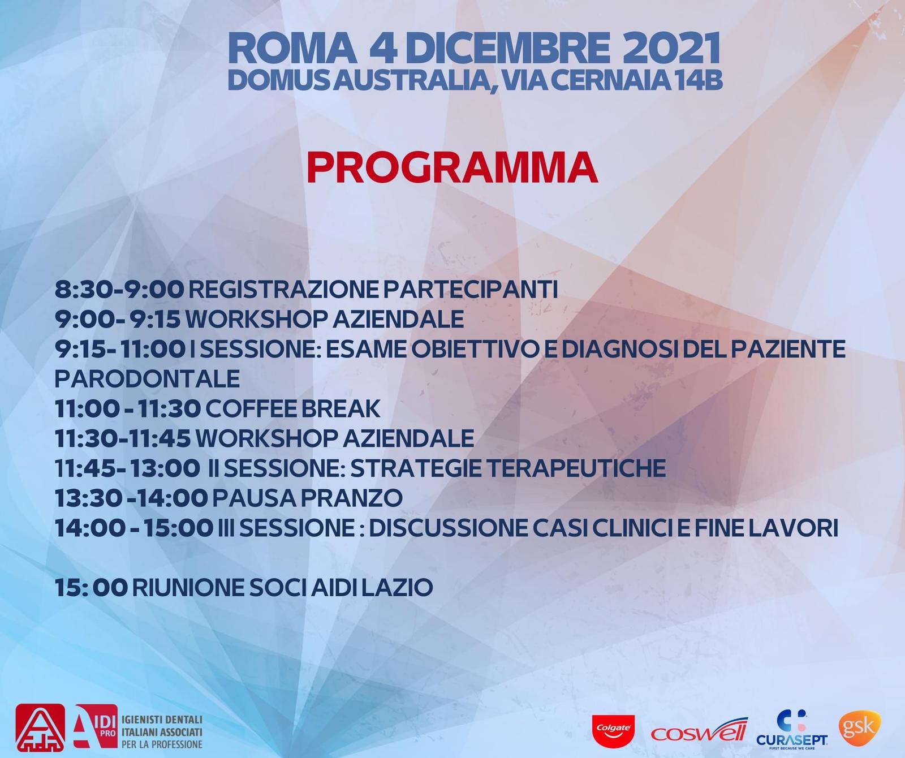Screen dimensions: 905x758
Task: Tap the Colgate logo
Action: pos(613,729)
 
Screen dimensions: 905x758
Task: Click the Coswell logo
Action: pos(700,730)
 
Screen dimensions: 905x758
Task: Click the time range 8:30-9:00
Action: pos(119,290)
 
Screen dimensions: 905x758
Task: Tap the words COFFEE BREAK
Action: pos(292,408)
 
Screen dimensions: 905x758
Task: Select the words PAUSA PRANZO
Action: pos(307,498)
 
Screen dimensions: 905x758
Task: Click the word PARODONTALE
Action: pos(147,378)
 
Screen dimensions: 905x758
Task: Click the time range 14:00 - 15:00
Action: pos(134,528)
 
